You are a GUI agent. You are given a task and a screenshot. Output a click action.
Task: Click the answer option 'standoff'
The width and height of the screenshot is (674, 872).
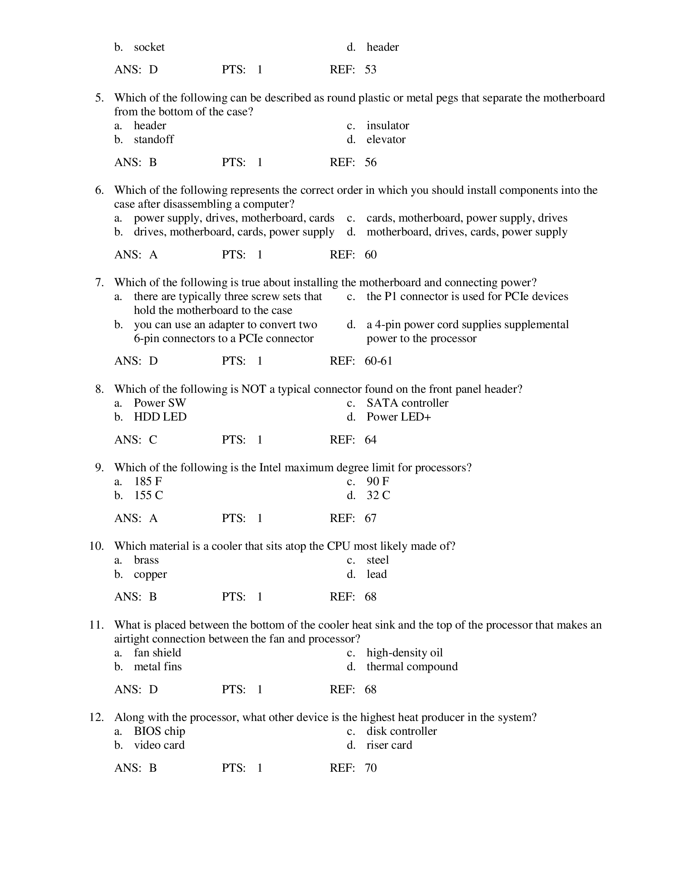(154, 140)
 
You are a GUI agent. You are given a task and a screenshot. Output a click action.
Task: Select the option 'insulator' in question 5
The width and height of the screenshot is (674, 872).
(387, 125)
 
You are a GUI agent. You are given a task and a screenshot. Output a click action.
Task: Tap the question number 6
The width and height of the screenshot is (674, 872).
(100, 190)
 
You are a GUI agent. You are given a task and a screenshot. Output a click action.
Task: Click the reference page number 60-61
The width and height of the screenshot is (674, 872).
(378, 361)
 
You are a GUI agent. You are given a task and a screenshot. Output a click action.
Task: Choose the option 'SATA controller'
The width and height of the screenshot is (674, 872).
(407, 403)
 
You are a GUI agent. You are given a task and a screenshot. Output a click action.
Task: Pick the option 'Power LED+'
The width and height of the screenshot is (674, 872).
(398, 417)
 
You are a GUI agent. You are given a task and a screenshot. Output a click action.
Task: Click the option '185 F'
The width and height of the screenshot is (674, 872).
(148, 482)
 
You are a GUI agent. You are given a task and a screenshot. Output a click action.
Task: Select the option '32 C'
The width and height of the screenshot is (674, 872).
(378, 495)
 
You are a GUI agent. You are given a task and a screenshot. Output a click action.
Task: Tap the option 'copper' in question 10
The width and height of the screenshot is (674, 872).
(150, 574)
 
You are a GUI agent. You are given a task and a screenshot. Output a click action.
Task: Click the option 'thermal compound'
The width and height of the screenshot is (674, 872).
(412, 667)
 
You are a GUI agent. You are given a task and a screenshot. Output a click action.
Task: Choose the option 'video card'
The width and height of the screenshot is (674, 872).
(159, 745)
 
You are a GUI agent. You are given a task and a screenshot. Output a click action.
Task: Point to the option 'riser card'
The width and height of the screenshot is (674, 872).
(389, 745)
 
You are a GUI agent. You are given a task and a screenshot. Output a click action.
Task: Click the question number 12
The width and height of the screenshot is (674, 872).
(96, 717)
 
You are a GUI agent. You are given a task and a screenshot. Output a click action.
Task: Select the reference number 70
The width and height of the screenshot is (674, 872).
(370, 768)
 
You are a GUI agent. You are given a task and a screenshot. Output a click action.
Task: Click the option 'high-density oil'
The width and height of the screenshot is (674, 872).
(404, 653)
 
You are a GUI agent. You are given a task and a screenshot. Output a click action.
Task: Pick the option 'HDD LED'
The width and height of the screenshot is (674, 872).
(160, 417)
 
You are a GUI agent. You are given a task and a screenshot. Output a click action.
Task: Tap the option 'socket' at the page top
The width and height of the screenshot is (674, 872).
(149, 47)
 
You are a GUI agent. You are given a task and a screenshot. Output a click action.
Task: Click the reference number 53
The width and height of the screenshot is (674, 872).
(370, 70)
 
